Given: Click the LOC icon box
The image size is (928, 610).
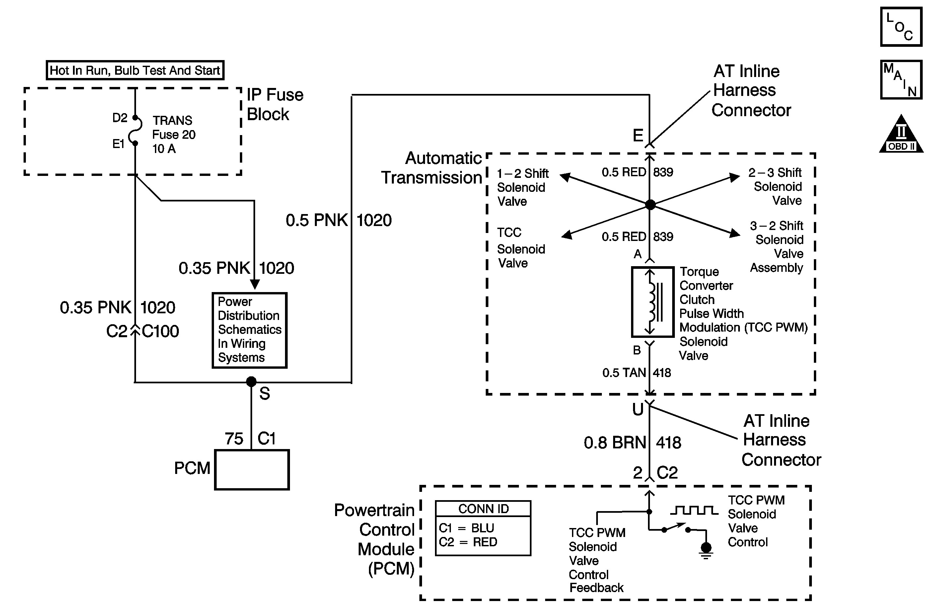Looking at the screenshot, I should point(901,27).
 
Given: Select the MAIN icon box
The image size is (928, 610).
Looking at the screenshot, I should point(901,80).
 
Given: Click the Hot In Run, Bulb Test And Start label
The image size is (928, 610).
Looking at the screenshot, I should point(135,70).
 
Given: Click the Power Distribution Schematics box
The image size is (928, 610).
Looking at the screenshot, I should point(250,330).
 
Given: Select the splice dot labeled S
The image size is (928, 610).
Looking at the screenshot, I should point(251,381).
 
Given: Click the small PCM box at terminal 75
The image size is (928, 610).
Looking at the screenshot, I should point(252,470).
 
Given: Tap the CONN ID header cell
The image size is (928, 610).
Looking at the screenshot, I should point(483,508).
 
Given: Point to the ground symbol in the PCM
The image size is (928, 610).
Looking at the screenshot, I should point(706,550).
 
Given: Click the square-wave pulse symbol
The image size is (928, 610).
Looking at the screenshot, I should point(694,510).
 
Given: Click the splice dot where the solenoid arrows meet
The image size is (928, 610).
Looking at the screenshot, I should point(650,204).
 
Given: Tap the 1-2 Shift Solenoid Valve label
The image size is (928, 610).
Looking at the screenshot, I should point(523,187).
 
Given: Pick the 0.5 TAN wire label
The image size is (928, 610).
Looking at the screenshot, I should point(624,373).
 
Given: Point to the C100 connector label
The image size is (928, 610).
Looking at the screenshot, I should point(160,331).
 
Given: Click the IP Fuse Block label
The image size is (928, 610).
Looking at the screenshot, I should point(275,105).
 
